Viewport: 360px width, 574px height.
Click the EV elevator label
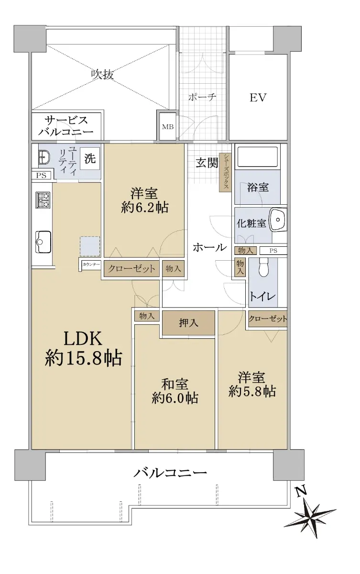[258, 98]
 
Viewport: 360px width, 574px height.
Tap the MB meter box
[168, 126]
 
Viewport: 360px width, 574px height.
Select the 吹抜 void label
[102, 75]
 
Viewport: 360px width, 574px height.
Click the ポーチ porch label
[202, 97]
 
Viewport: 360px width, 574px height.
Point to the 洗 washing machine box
[90, 159]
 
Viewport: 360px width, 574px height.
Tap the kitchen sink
[43, 242]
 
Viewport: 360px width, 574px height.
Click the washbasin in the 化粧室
[278, 220]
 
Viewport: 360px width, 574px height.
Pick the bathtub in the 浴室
[258, 156]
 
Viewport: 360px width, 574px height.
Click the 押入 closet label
[188, 323]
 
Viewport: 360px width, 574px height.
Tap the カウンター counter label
[91, 264]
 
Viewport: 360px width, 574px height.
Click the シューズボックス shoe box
[226, 172]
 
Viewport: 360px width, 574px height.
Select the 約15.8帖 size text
[83, 358]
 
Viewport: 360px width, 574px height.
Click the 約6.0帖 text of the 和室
[175, 398]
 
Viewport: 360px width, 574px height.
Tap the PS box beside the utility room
[41, 176]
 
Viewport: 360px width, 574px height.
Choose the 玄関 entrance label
[207, 163]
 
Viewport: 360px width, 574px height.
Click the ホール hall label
[210, 248]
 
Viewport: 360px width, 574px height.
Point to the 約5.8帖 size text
[252, 391]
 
